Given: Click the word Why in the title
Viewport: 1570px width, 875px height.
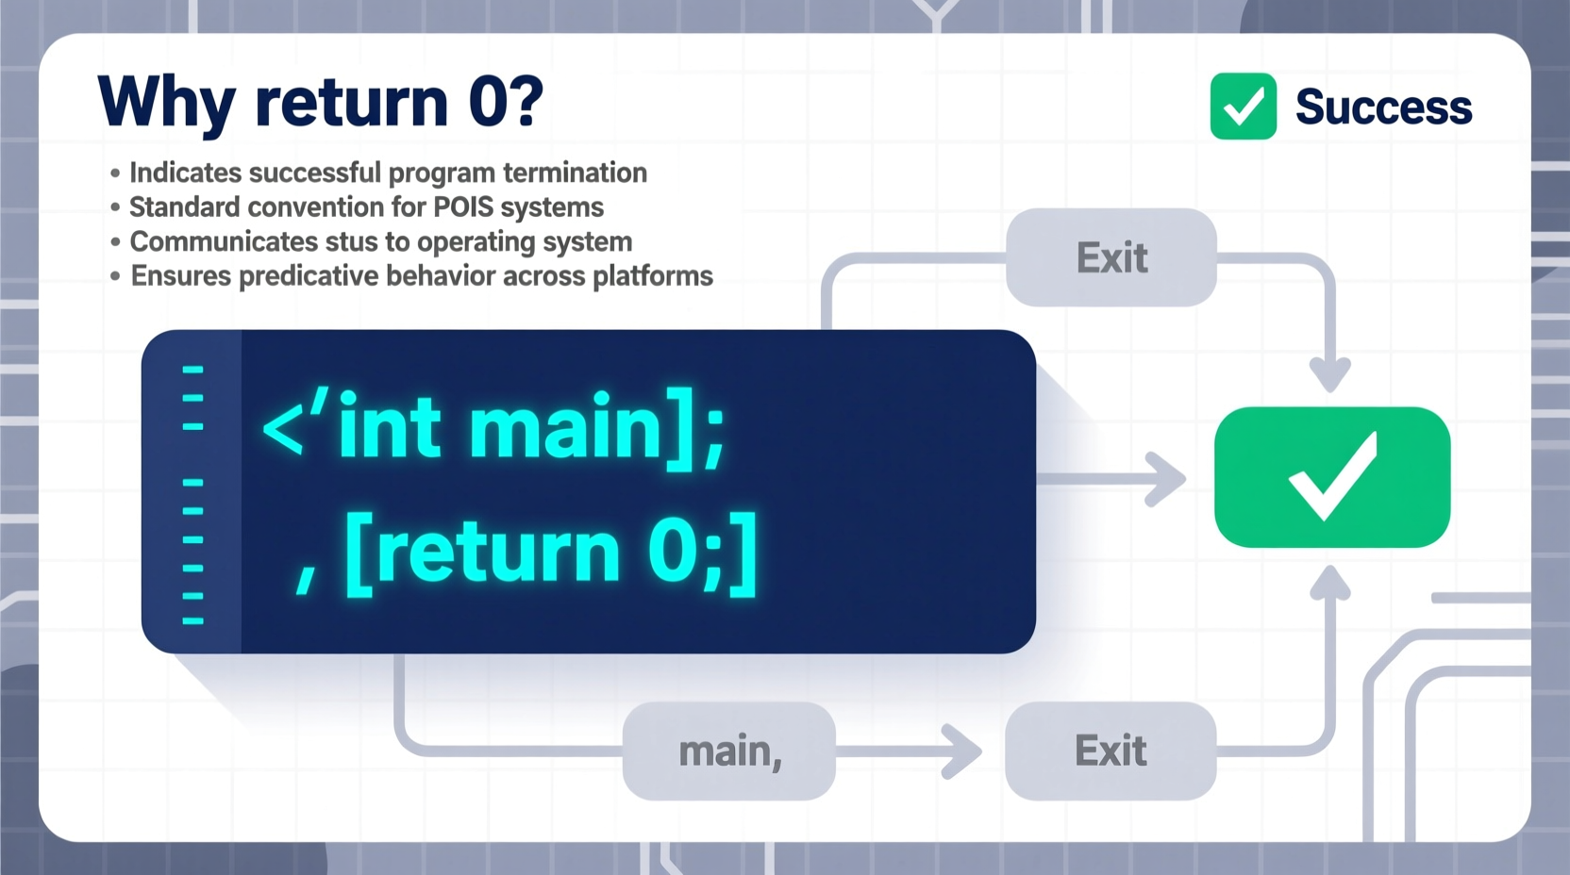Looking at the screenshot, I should (166, 102).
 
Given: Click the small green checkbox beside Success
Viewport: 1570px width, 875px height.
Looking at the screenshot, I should (1243, 107).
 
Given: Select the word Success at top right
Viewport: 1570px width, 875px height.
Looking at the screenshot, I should (1383, 107).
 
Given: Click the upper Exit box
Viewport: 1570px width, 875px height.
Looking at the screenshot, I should (1111, 257).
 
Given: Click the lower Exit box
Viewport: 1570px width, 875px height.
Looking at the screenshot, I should (1111, 751).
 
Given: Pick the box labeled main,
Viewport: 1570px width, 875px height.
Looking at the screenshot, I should (729, 751).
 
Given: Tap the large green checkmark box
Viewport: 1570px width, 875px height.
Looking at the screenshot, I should (1331, 477).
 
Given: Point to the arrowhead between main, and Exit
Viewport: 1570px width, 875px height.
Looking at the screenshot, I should (964, 751).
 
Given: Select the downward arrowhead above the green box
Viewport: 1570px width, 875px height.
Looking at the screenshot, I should (1330, 376).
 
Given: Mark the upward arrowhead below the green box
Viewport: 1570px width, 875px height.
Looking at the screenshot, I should (1330, 583).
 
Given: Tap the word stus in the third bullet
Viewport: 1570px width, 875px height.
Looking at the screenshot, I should (351, 242).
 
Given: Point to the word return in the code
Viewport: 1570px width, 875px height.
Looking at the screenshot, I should (500, 553).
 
